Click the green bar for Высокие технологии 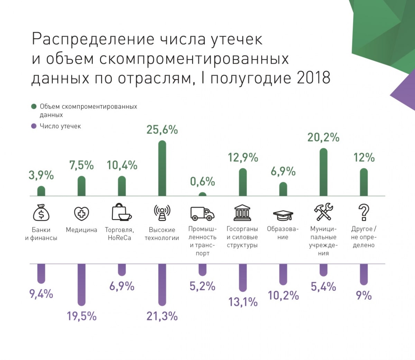pyautogui.click(x=162, y=169)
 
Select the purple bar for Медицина pyautogui.click(x=81, y=285)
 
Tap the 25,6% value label pyautogui.click(x=162, y=130)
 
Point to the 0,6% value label pyautogui.click(x=202, y=181)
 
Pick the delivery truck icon pyautogui.click(x=202, y=213)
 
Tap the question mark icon pyautogui.click(x=363, y=212)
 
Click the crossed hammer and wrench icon pyautogui.click(x=323, y=212)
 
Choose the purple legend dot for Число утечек pyautogui.click(x=34, y=126)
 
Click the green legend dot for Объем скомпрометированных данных pyautogui.click(x=34, y=106)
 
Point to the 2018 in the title pyautogui.click(x=313, y=78)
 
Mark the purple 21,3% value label pyautogui.click(x=162, y=316)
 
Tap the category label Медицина pyautogui.click(x=81, y=230)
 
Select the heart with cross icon pyautogui.click(x=82, y=214)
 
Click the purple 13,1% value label pyautogui.click(x=243, y=302)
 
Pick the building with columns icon pyautogui.click(x=242, y=212)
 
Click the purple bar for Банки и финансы pyautogui.click(x=41, y=273)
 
